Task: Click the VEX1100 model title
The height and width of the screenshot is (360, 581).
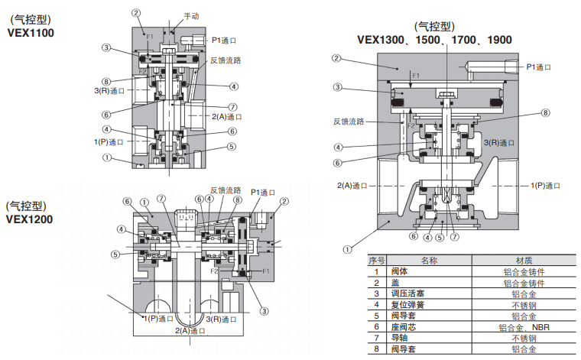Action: pos(31,33)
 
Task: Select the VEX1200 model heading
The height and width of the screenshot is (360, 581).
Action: pos(30,219)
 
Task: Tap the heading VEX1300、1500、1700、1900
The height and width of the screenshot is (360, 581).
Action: pos(435,40)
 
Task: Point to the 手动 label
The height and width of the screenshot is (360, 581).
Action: pos(192,16)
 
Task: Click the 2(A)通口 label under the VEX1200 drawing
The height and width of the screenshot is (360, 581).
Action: pos(190,331)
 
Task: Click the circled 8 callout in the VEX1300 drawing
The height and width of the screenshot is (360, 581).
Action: pos(546,113)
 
